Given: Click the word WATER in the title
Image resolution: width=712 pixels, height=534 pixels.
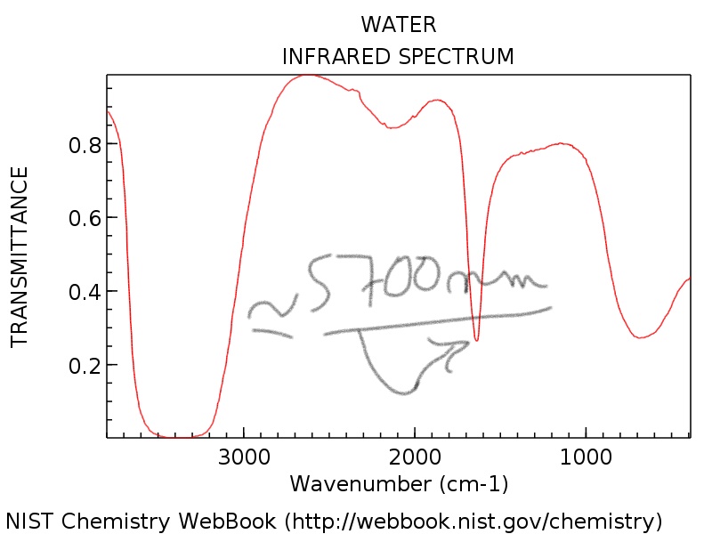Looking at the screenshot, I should tap(398, 24).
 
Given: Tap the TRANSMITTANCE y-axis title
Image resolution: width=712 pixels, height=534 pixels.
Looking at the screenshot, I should tap(20, 256).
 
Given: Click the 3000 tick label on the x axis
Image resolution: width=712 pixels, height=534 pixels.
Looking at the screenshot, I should tap(244, 459).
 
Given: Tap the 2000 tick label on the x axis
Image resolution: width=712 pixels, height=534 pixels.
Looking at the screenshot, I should tap(415, 459).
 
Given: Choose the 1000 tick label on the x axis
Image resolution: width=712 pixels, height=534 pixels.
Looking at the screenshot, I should tap(586, 459).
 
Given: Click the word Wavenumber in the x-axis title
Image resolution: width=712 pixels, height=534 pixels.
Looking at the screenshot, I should tap(360, 484).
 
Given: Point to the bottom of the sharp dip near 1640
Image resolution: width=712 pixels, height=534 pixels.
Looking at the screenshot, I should tap(477, 340).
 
